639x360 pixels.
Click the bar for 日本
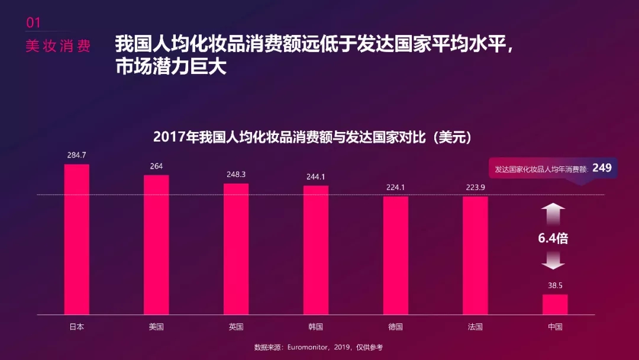coord(76,239)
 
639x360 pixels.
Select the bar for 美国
coord(156,245)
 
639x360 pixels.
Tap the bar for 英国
coord(236,249)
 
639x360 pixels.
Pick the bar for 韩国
coord(315,250)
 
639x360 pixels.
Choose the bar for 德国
coord(395,255)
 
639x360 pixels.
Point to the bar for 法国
coord(475,255)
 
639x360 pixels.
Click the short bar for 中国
coord(554,304)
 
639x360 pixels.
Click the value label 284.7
coord(76,155)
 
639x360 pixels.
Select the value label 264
coord(156,166)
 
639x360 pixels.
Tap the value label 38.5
coord(555,285)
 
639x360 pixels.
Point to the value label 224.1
coord(395,187)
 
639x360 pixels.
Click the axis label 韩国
coord(315,327)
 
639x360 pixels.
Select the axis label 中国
coord(555,327)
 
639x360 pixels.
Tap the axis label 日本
coord(76,327)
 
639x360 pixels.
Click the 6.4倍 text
coord(553,239)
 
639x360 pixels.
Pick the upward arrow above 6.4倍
coord(553,214)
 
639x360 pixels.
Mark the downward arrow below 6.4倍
coord(553,261)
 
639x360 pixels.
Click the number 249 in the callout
coord(602,168)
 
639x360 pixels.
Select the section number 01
coord(33,22)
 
